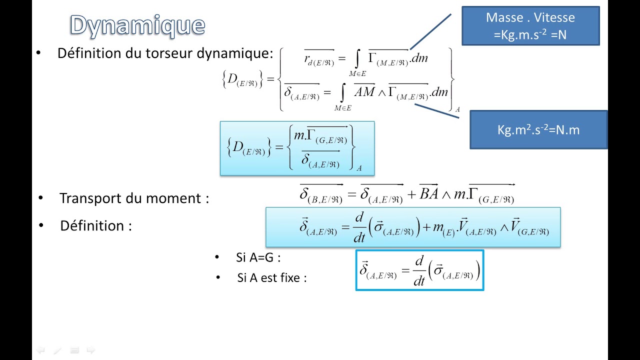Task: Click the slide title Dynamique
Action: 137,25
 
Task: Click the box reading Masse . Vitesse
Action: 530,26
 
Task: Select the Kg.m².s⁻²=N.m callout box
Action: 538,130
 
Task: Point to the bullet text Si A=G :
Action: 258,258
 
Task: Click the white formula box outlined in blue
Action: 419,270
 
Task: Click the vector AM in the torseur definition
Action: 364,91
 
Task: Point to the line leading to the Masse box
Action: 430,31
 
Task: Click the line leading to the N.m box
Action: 436,111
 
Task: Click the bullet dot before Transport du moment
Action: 40,198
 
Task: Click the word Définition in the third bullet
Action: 92,226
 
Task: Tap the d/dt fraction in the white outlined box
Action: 419,270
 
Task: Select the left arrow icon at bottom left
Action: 41,350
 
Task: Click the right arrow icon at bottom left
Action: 90,350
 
